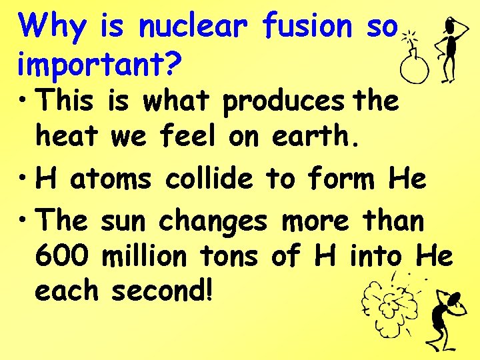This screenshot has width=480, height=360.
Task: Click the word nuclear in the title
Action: pyautogui.click(x=193, y=27)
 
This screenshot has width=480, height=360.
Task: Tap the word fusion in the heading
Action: pyautogui.click(x=307, y=27)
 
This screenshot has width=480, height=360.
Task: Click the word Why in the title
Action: pyautogui.click(x=53, y=27)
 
